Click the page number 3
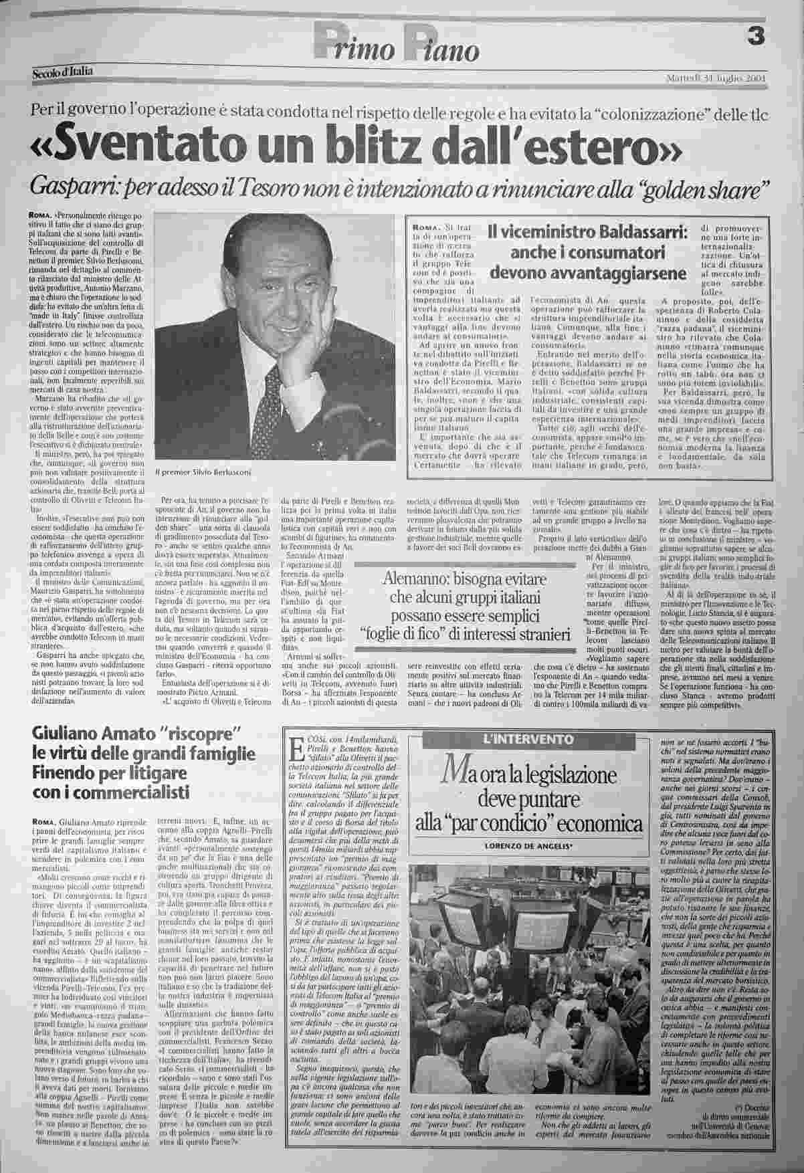tap(757, 39)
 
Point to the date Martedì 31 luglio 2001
tap(716, 79)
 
